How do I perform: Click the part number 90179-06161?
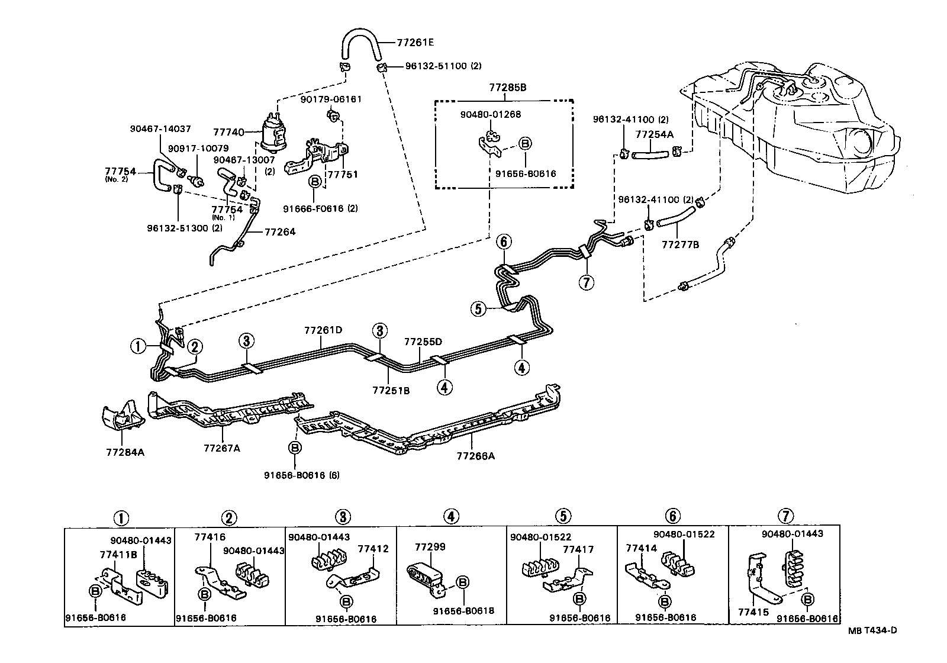point(330,99)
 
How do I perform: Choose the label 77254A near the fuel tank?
point(655,134)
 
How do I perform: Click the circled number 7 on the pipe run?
point(586,282)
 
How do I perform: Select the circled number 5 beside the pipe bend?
point(479,308)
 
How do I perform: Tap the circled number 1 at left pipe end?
point(138,346)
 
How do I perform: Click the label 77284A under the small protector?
point(125,452)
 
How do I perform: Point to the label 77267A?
point(222,448)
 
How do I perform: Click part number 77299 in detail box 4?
point(430,547)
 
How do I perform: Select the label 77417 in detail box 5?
point(578,549)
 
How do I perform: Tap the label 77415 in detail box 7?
point(753,612)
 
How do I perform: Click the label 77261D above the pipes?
point(323,330)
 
